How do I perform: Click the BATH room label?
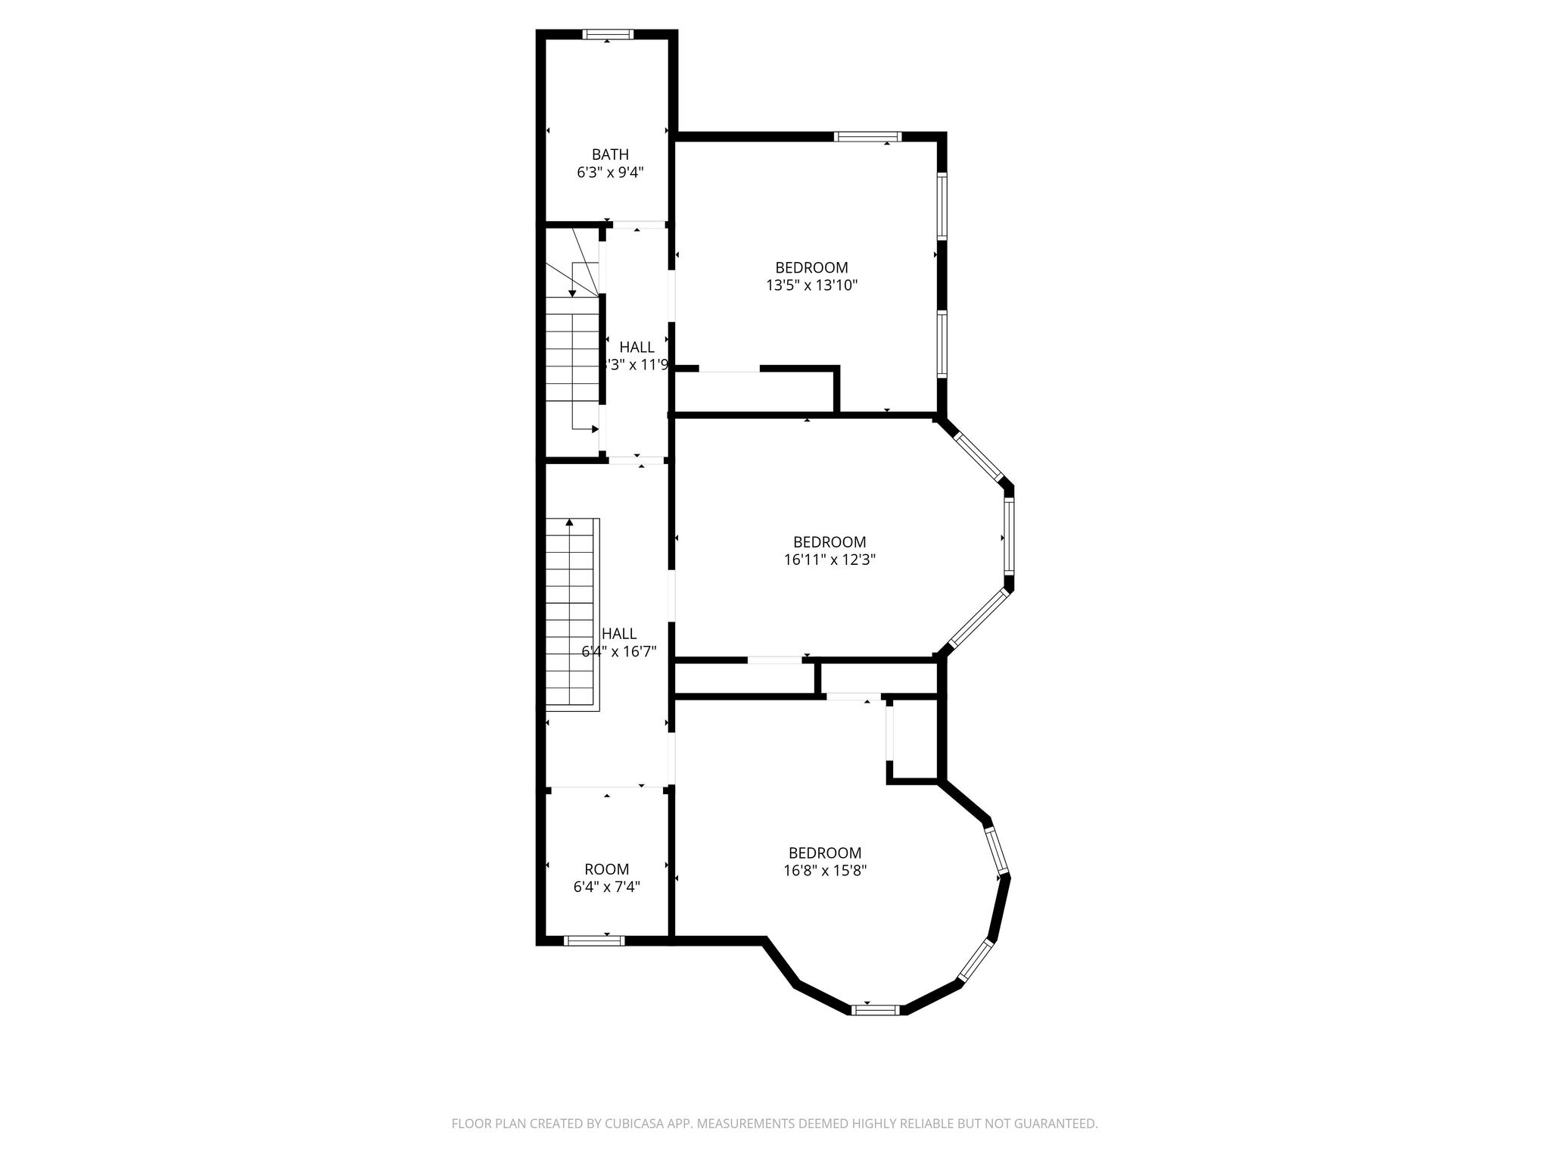pos(610,155)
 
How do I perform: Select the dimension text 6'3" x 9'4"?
pos(610,173)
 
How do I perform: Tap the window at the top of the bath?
pos(608,34)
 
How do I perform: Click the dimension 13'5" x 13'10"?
pos(811,285)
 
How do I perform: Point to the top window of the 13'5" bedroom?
pos(867,137)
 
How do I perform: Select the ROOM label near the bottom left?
pos(606,869)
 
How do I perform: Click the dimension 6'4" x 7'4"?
pos(606,887)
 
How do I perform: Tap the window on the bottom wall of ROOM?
pos(594,941)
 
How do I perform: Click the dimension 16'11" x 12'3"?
pos(829,560)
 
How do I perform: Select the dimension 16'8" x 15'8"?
pos(824,871)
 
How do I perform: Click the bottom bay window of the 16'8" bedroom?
pos(876,1009)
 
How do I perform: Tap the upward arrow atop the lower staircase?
pos(569,522)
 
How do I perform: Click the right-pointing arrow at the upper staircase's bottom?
pos(594,429)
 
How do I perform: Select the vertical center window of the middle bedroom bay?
pos(1009,538)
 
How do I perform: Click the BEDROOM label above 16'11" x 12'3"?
pos(829,542)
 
